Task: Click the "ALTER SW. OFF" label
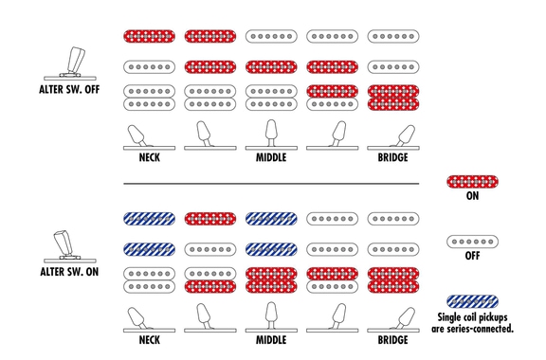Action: [x=69, y=89]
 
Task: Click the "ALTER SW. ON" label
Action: [x=69, y=272]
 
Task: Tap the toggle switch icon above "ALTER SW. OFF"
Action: [x=71, y=63]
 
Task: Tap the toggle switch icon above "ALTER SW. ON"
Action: [x=69, y=246]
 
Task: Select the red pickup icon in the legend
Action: [x=472, y=182]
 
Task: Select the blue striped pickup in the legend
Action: [x=472, y=301]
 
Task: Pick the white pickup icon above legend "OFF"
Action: [x=472, y=242]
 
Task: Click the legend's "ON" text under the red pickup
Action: [x=472, y=196]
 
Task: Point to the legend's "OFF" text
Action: [x=472, y=256]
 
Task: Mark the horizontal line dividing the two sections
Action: [x=271, y=184]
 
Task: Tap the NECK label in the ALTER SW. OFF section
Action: [x=150, y=157]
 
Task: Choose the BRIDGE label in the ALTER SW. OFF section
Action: [x=392, y=157]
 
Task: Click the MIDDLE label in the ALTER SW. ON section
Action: [x=271, y=340]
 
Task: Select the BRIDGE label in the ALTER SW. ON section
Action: [x=392, y=340]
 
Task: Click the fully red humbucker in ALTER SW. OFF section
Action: [x=393, y=98]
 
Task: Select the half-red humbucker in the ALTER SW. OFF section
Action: [x=332, y=98]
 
